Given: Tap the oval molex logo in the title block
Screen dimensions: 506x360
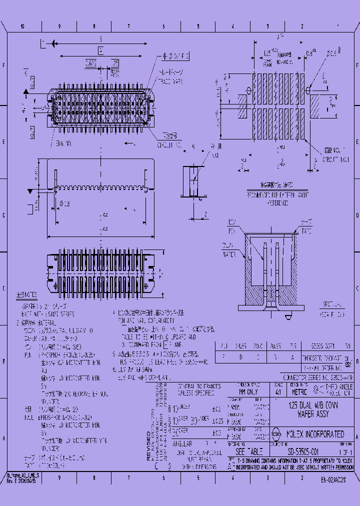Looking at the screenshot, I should pyautogui.click(x=276, y=434).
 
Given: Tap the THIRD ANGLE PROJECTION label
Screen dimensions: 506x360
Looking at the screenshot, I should pyautogui.click(x=339, y=389).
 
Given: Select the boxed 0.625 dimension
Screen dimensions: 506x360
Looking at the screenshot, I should pyautogui.click(x=90, y=63).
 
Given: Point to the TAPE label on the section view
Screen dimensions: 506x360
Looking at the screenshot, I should pyautogui.click(x=305, y=231).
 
